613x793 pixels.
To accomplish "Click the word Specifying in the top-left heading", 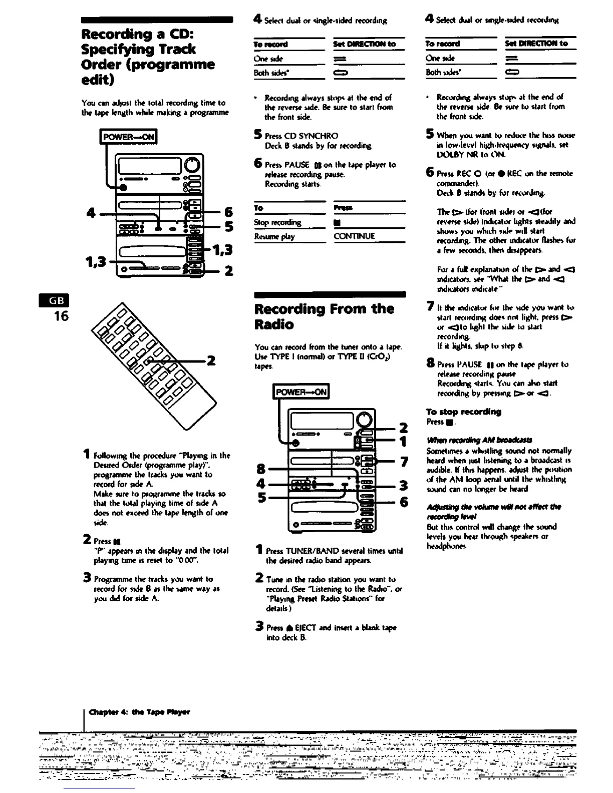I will coord(113,49).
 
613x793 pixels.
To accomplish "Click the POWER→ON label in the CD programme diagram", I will coord(129,137).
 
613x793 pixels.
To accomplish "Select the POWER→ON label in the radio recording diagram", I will coord(300,391).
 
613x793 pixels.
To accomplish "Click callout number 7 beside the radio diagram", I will coord(404,461).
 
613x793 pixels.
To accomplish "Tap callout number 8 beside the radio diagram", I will coord(260,469).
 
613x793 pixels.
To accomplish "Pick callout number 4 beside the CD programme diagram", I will coord(91,213).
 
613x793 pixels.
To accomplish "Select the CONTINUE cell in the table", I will coord(354,236).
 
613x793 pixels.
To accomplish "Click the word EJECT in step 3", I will coord(303,627).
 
